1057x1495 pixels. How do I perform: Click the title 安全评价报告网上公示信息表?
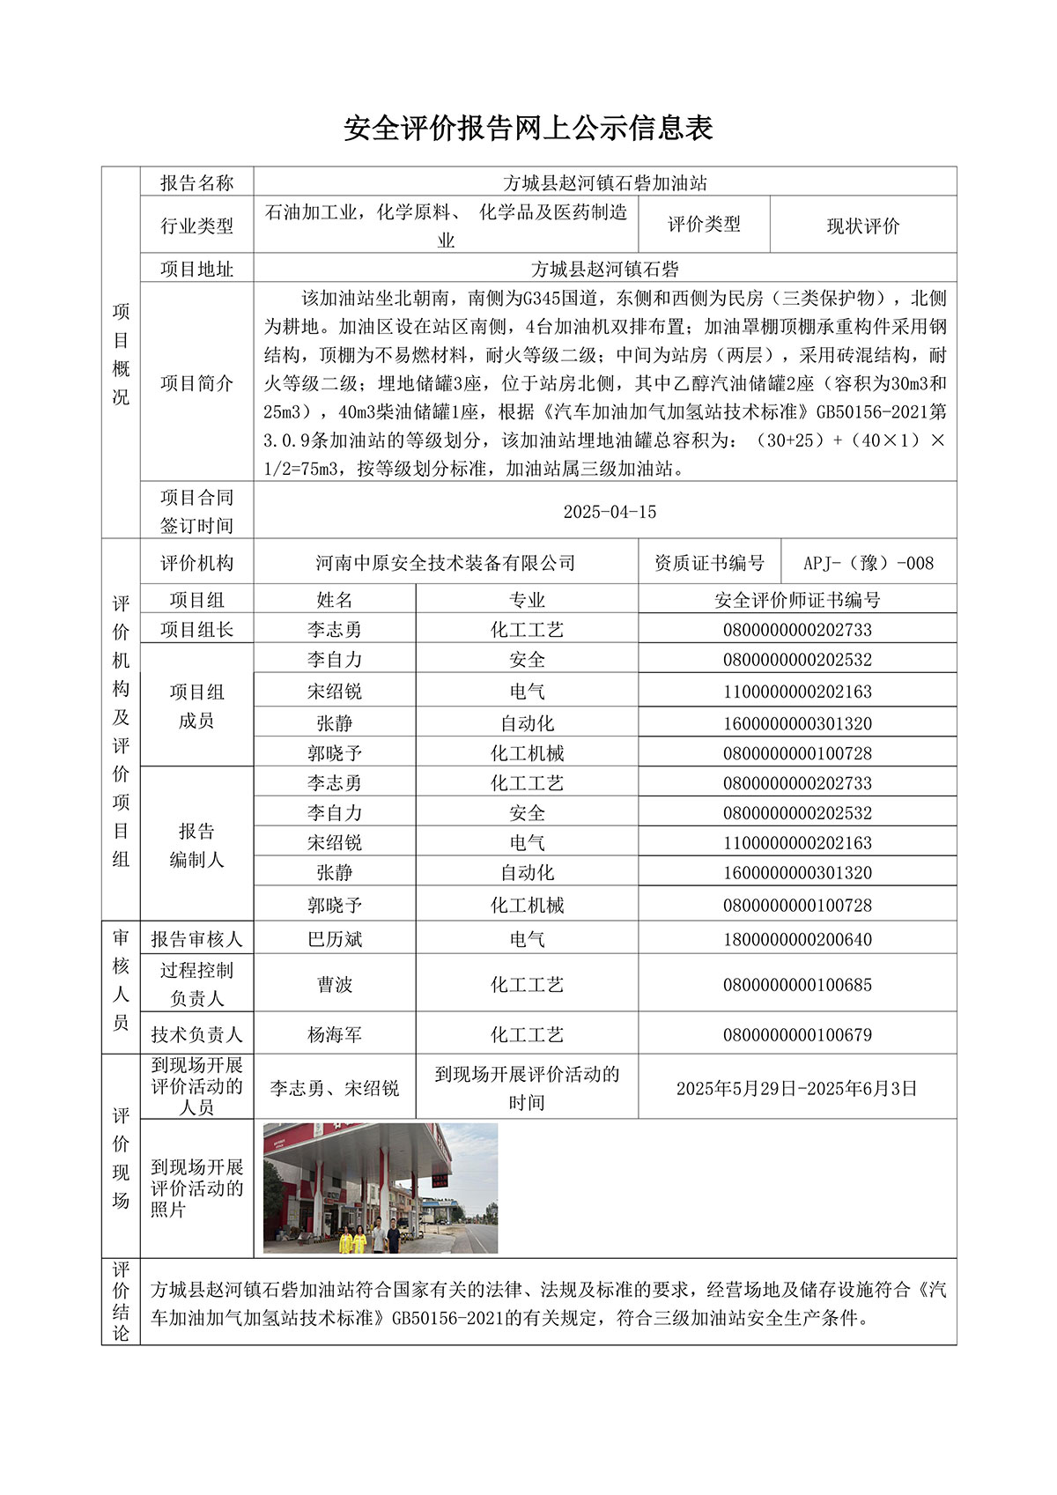pos(528,129)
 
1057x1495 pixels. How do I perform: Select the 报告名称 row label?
pos(196,182)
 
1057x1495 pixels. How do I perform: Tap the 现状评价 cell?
pos(862,226)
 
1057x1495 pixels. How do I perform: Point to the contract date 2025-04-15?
pos(610,512)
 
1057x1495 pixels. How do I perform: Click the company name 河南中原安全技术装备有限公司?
pos(446,563)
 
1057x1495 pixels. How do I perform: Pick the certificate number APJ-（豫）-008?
pos(868,563)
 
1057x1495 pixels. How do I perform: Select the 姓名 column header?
pos(335,600)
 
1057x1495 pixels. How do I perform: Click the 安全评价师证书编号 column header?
pos(797,600)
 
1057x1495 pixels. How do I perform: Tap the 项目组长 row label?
pos(196,630)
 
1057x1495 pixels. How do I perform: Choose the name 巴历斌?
pos(335,939)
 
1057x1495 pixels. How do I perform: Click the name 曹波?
pos(335,985)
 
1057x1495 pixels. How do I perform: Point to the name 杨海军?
pos(335,1035)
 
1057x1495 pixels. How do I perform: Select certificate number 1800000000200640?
pos(797,940)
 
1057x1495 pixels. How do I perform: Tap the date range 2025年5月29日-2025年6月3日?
pos(797,1089)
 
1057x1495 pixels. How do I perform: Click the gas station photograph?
pos(381,1188)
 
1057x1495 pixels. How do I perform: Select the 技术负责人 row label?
pos(196,1035)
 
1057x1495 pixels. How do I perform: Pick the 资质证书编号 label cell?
pos(709,563)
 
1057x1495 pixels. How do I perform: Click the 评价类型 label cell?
pos(704,225)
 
